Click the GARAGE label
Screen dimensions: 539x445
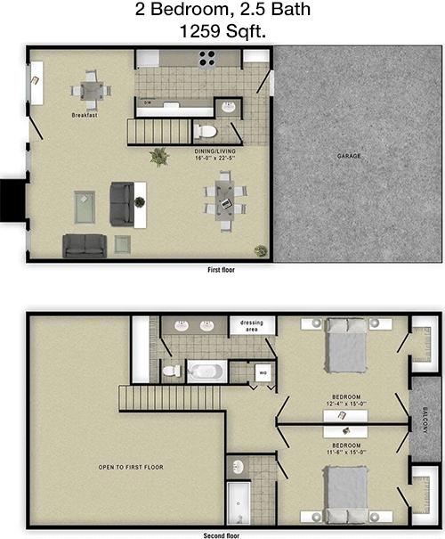point(349,156)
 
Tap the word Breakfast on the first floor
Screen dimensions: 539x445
point(85,116)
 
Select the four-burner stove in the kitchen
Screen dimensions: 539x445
point(208,58)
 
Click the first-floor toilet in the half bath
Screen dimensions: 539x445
point(206,132)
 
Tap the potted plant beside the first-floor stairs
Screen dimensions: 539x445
point(159,157)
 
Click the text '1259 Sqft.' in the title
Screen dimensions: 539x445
point(222,31)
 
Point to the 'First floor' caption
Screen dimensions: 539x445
point(221,268)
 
